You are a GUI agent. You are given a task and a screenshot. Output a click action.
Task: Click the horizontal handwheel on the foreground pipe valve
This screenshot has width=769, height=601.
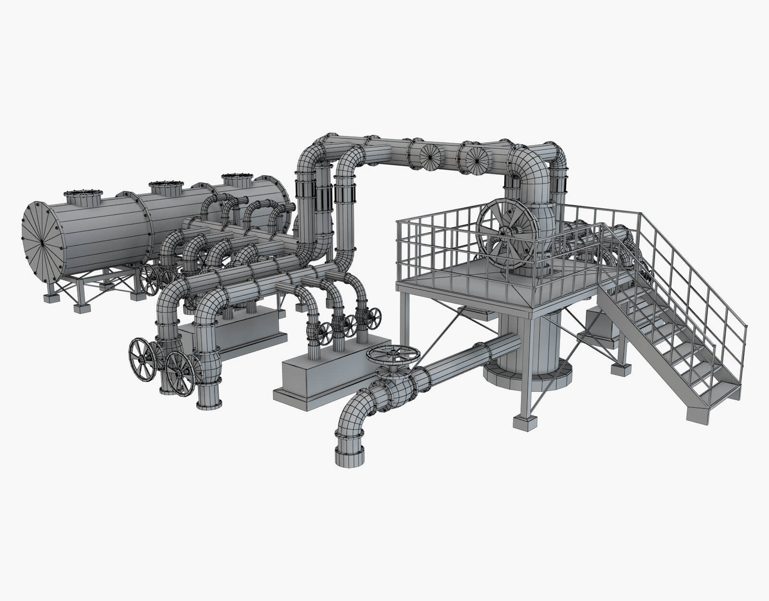(393, 355)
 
